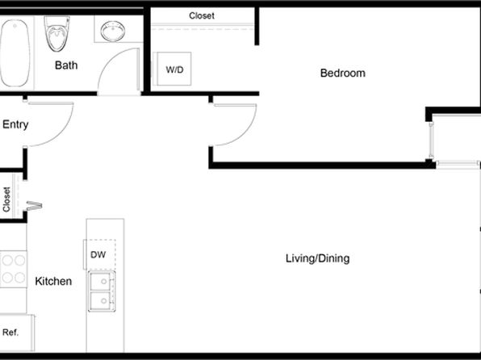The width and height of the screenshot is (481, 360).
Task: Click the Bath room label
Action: point(66,65)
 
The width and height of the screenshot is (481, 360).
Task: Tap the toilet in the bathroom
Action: point(57,33)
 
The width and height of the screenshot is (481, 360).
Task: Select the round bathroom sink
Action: point(112,31)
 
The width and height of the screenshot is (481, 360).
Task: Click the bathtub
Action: point(15,53)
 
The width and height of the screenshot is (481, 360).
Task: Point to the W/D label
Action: point(174,69)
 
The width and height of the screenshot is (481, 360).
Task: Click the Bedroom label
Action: point(343,73)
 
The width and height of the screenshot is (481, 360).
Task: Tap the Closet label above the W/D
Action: point(202,15)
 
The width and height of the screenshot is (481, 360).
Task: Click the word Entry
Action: point(15,124)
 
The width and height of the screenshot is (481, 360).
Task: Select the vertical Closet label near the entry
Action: point(6,199)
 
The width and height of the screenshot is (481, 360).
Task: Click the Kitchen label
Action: point(53,281)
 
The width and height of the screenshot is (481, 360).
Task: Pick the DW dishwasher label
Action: point(98,254)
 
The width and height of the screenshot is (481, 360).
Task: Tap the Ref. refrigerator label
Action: point(10,332)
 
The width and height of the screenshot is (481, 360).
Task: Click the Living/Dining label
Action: point(317,258)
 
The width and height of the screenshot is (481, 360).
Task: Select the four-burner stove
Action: point(14,269)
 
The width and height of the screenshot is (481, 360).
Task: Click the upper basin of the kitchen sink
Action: point(101,281)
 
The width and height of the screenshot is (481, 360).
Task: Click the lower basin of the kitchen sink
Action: point(101,300)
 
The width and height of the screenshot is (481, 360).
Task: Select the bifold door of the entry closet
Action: point(34,206)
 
